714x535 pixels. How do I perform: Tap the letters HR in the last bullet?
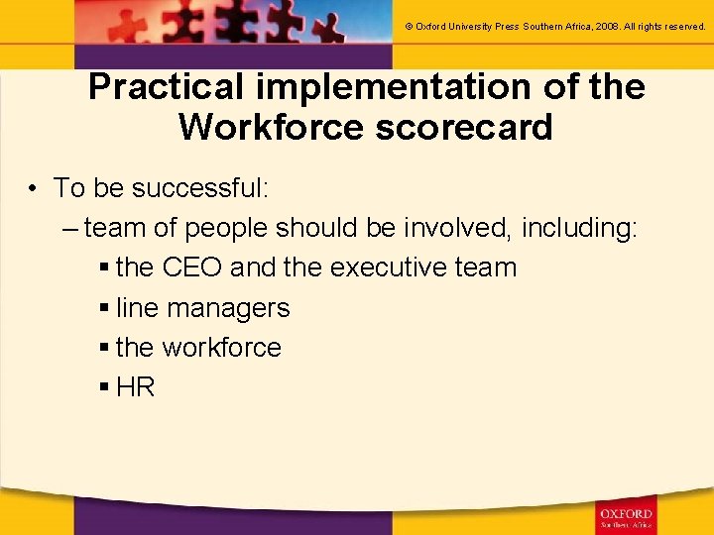tap(136, 387)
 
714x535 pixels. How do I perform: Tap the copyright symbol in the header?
tap(410, 27)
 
